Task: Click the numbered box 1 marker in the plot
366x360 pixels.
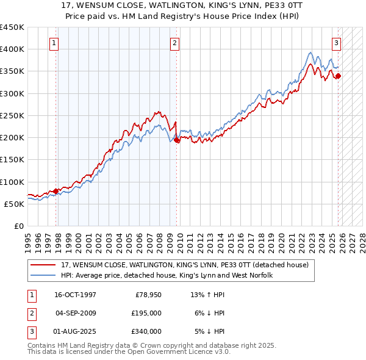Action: (x=55, y=43)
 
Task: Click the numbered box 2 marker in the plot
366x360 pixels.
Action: (x=174, y=43)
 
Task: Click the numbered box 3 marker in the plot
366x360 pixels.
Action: (x=336, y=43)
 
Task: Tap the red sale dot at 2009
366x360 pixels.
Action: (x=177, y=140)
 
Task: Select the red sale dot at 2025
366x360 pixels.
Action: (x=339, y=76)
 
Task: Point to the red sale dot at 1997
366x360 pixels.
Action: (x=56, y=191)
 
